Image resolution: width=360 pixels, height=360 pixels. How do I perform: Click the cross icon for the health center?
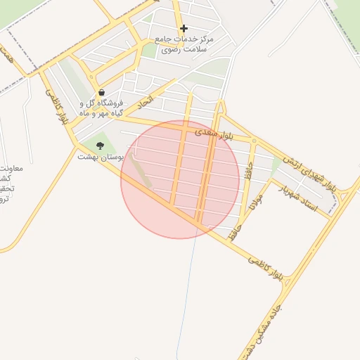pos(184,29)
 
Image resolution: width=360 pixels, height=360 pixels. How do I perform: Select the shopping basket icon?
pos(102,92)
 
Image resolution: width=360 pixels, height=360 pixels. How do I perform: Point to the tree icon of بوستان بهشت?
pos(100,146)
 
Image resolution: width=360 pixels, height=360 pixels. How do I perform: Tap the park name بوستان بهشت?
pos(100,157)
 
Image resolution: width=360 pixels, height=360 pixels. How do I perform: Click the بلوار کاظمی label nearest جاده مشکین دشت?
pos(266,268)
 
